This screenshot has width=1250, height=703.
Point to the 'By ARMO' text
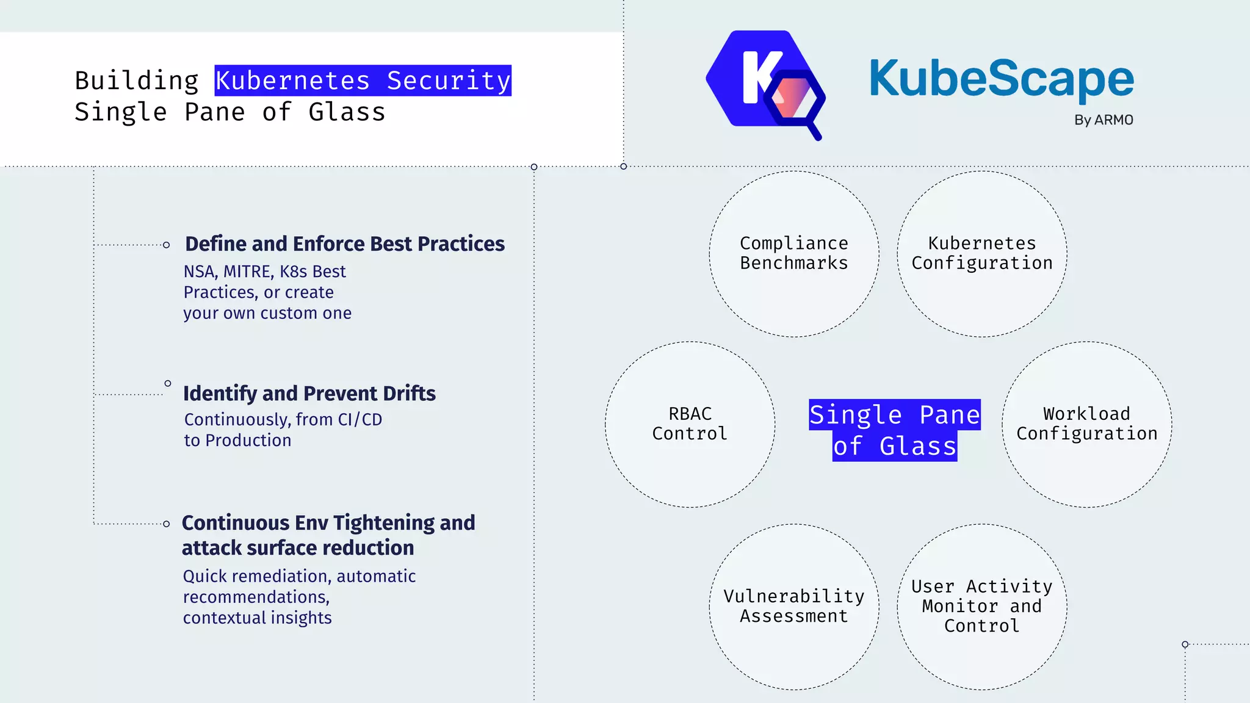pyautogui.click(x=1104, y=120)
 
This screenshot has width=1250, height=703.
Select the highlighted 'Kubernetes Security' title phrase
pyautogui.click(x=363, y=81)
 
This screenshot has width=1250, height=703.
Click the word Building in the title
pyautogui.click(x=137, y=81)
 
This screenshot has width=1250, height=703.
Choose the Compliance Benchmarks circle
pyautogui.click(x=793, y=254)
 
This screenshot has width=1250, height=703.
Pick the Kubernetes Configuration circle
pyautogui.click(x=981, y=254)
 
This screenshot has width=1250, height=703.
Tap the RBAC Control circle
pyautogui.click(x=690, y=424)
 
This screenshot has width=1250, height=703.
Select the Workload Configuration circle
pyautogui.click(x=1086, y=424)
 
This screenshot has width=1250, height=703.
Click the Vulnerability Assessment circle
pyautogui.click(x=793, y=607)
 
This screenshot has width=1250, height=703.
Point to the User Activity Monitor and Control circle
pyautogui.click(x=981, y=607)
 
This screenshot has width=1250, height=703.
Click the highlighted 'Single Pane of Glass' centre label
pyautogui.click(x=895, y=430)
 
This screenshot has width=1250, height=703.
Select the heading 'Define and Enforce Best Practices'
pyautogui.click(x=345, y=243)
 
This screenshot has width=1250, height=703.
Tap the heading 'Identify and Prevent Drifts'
pyautogui.click(x=309, y=394)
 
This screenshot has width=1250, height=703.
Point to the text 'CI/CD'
pyautogui.click(x=360, y=420)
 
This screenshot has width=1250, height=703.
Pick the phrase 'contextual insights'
pyautogui.click(x=257, y=618)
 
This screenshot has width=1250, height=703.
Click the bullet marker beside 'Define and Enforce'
pyautogui.click(x=166, y=245)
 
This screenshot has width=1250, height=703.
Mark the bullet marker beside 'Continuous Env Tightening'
pyautogui.click(x=166, y=524)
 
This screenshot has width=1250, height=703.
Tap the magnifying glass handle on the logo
pyautogui.click(x=815, y=131)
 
